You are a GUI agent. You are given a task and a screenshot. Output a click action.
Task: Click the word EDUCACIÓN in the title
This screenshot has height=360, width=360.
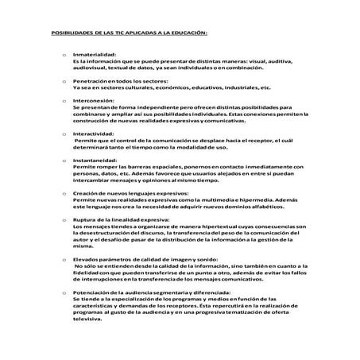coord(185,33)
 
